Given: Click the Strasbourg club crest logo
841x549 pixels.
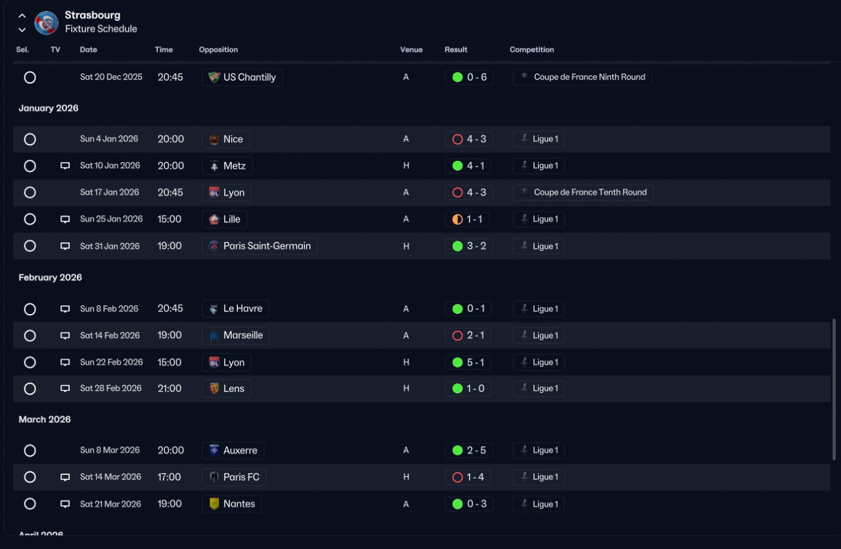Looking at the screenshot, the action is (46, 23).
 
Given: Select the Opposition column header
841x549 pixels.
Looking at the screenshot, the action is (218, 49).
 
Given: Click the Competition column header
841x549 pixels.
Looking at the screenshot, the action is (532, 49).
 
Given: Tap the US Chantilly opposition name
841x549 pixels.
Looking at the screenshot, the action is (249, 77).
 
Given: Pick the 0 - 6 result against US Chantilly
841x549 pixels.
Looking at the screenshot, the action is (477, 77).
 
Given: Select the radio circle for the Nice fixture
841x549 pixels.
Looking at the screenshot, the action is (30, 139).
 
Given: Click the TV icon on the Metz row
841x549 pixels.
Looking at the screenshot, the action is (65, 166).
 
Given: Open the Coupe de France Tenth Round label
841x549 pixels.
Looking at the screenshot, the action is (590, 192).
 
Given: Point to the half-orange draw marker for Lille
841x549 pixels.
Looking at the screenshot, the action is (457, 219).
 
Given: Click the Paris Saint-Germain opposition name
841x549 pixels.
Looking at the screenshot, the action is (267, 246).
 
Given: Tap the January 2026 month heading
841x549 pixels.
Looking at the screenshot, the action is (49, 108).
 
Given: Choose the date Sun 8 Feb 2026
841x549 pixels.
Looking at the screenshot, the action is (109, 309).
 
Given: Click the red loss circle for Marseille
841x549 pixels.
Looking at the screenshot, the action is (457, 336).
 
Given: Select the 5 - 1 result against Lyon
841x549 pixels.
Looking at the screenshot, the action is (476, 362).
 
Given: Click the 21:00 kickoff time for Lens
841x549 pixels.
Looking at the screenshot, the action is (170, 388).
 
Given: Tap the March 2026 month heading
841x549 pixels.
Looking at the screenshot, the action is (45, 419).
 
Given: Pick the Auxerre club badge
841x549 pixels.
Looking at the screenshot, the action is (214, 450).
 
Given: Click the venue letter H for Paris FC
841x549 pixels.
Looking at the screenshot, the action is (406, 477).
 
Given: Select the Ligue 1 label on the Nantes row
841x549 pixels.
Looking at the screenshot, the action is (545, 504).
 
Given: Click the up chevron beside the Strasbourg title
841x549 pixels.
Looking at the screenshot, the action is (22, 16).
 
